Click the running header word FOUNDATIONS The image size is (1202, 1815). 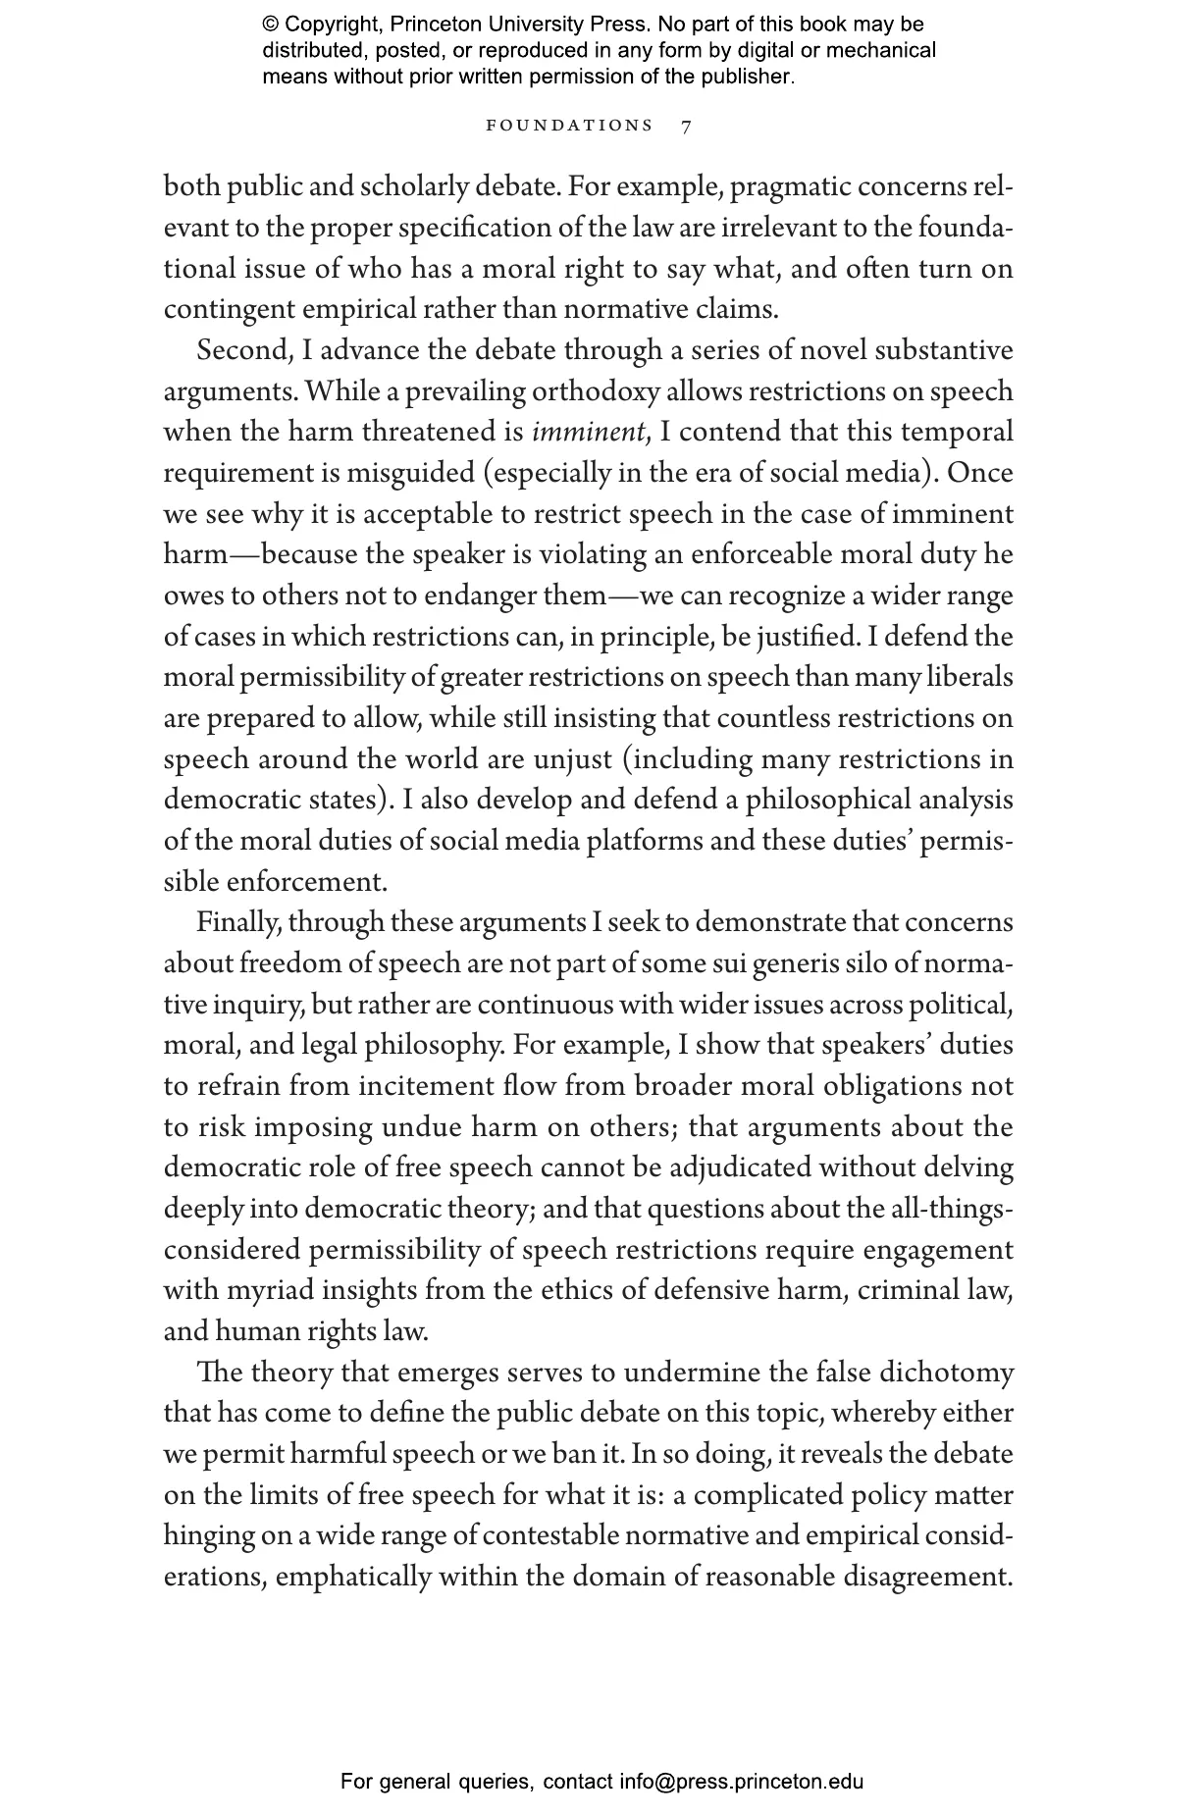coord(569,126)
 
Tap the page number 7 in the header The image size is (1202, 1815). coord(686,126)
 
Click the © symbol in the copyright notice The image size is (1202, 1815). coord(271,25)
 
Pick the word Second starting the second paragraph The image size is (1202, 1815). coord(241,350)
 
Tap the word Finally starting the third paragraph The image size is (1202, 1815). coord(237,922)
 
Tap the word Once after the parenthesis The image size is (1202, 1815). coord(980,473)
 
